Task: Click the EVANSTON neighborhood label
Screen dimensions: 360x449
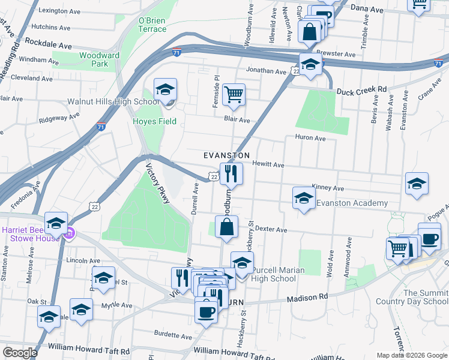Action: click(x=226, y=155)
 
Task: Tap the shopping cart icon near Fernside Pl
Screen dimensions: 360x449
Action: click(x=233, y=94)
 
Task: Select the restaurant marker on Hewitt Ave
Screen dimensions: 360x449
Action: click(x=231, y=174)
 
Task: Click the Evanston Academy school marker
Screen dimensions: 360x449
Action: click(x=304, y=198)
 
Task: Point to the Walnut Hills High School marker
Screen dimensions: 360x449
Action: click(x=165, y=90)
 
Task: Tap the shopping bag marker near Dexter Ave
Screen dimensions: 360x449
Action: click(x=226, y=227)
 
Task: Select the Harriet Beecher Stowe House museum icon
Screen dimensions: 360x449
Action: click(x=70, y=233)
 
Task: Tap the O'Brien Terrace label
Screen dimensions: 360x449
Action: click(x=152, y=25)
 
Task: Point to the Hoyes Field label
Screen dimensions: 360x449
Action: click(x=154, y=122)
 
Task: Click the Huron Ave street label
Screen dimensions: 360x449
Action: click(x=310, y=138)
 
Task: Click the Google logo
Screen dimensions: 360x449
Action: click(x=20, y=352)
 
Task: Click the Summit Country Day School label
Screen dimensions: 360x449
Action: click(x=426, y=297)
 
